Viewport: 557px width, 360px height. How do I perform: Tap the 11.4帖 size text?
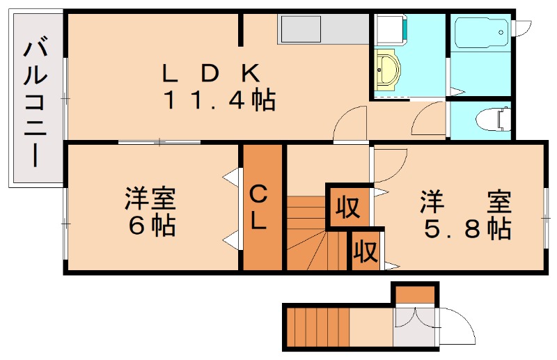point(219,101)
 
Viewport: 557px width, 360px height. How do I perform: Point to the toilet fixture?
point(490,119)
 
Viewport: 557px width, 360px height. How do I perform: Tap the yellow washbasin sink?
point(386,70)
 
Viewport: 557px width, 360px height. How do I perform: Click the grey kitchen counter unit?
point(322,29)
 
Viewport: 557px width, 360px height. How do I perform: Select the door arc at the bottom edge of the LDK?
point(350,125)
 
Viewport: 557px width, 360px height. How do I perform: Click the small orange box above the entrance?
point(414,294)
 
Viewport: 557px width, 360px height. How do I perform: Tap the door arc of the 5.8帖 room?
point(390,164)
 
